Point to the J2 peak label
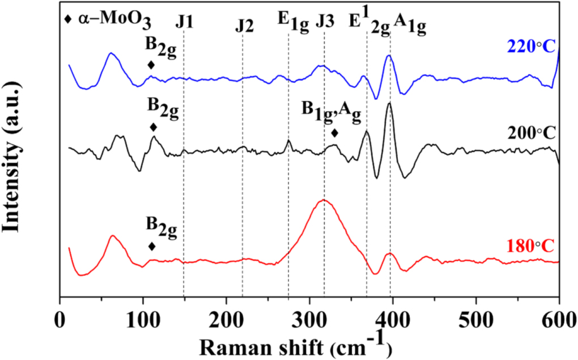point(245,26)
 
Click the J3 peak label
point(325,22)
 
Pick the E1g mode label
point(292,23)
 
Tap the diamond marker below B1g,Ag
point(335,133)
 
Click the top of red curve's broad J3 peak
point(324,200)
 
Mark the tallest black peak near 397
point(389,103)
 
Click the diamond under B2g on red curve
point(152,246)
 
